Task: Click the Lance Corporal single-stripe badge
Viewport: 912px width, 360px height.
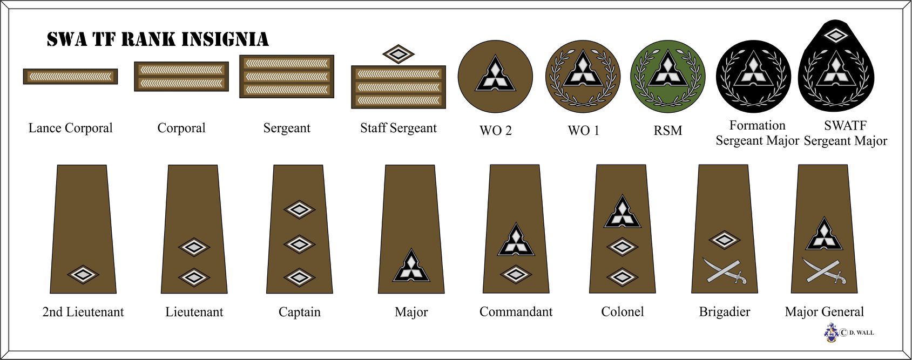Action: coord(70,77)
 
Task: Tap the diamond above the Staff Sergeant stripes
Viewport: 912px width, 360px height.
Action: coord(398,54)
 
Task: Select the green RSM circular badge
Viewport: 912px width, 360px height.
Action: coord(668,76)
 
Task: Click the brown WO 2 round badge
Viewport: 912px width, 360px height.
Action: coord(495,76)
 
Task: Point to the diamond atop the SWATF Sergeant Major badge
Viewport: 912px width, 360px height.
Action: coord(836,36)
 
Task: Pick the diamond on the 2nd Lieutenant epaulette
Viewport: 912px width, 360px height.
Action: coord(83,275)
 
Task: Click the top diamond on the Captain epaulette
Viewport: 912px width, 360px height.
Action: coord(299,209)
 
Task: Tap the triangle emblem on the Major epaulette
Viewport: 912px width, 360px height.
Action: coord(411,266)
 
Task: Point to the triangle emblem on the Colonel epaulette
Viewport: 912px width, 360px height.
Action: coord(623,212)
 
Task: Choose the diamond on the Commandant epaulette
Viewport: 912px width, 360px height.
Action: coord(516,275)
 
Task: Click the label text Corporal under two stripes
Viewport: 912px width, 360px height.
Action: coord(181,128)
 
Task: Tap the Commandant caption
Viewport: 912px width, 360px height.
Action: coord(516,312)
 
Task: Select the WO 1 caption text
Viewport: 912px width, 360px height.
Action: coord(583,131)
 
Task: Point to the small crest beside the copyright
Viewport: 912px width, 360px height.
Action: coord(832,332)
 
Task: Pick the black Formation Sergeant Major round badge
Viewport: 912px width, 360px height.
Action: coord(753,76)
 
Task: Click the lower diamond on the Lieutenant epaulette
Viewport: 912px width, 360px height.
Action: coord(194,277)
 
